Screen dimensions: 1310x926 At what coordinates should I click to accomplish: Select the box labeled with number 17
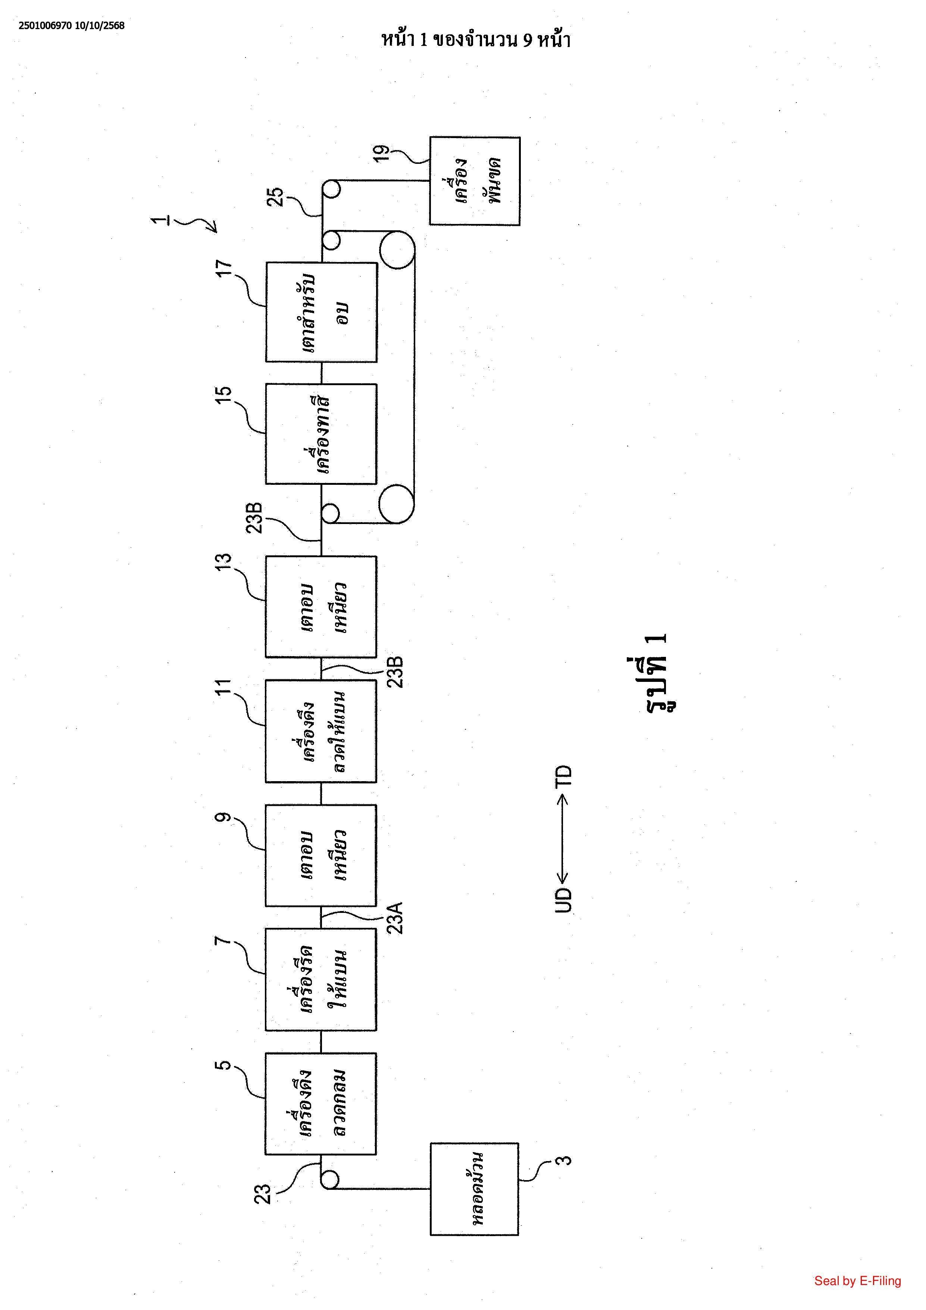[x=321, y=312]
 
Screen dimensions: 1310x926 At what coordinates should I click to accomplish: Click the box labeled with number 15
[x=321, y=434]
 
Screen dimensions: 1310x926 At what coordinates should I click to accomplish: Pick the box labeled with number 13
[x=321, y=606]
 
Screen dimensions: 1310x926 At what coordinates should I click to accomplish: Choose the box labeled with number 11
[x=321, y=731]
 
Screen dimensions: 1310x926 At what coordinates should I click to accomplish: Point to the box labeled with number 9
[x=321, y=855]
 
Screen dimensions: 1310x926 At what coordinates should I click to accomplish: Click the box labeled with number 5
[x=321, y=1104]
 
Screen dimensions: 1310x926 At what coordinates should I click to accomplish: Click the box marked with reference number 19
[x=475, y=181]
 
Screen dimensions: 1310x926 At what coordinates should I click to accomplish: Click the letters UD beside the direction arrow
[x=563, y=900]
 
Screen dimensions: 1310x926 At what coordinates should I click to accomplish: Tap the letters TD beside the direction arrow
[x=563, y=777]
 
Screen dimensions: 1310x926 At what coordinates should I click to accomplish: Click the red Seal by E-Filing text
[x=857, y=1281]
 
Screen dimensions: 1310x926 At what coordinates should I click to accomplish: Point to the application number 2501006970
[x=44, y=26]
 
